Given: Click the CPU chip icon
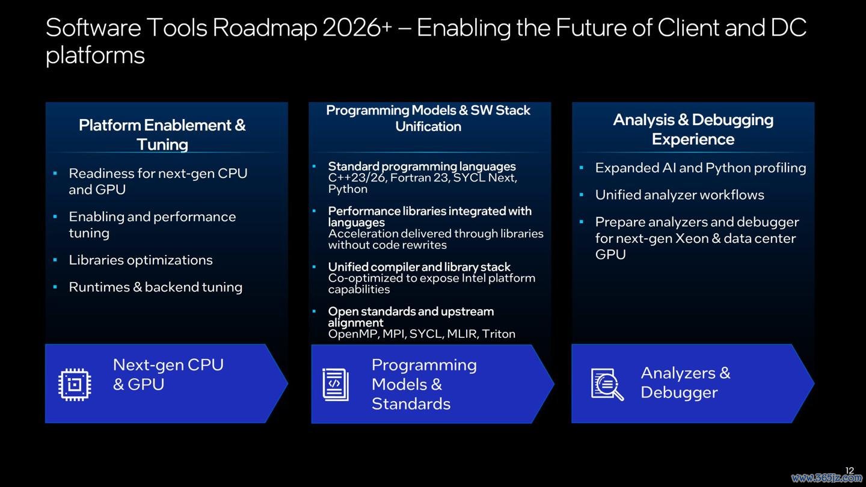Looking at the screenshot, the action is point(75,385).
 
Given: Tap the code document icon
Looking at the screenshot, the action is point(336,385).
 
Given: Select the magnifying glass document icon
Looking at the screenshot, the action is point(607,384).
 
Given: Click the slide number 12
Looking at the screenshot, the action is point(849,470).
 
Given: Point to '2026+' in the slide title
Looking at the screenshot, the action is point(357,28).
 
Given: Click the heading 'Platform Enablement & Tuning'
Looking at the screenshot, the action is point(162,135).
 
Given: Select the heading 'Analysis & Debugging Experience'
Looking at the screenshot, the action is point(693,129).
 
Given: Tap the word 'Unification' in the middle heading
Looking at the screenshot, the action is point(428,126).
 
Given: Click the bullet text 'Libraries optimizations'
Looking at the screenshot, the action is point(141,260).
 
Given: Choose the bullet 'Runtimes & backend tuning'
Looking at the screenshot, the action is point(155,287).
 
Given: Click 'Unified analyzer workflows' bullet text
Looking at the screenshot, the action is point(680,195).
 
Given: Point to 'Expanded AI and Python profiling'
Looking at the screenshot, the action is point(701,168).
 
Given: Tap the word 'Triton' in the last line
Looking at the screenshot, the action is point(499,334).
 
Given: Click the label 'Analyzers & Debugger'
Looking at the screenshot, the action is point(686,382).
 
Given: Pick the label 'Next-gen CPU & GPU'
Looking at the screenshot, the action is point(168,375).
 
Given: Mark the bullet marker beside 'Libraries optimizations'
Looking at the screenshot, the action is point(55,260).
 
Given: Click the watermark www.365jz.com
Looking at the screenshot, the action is point(826,478).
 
